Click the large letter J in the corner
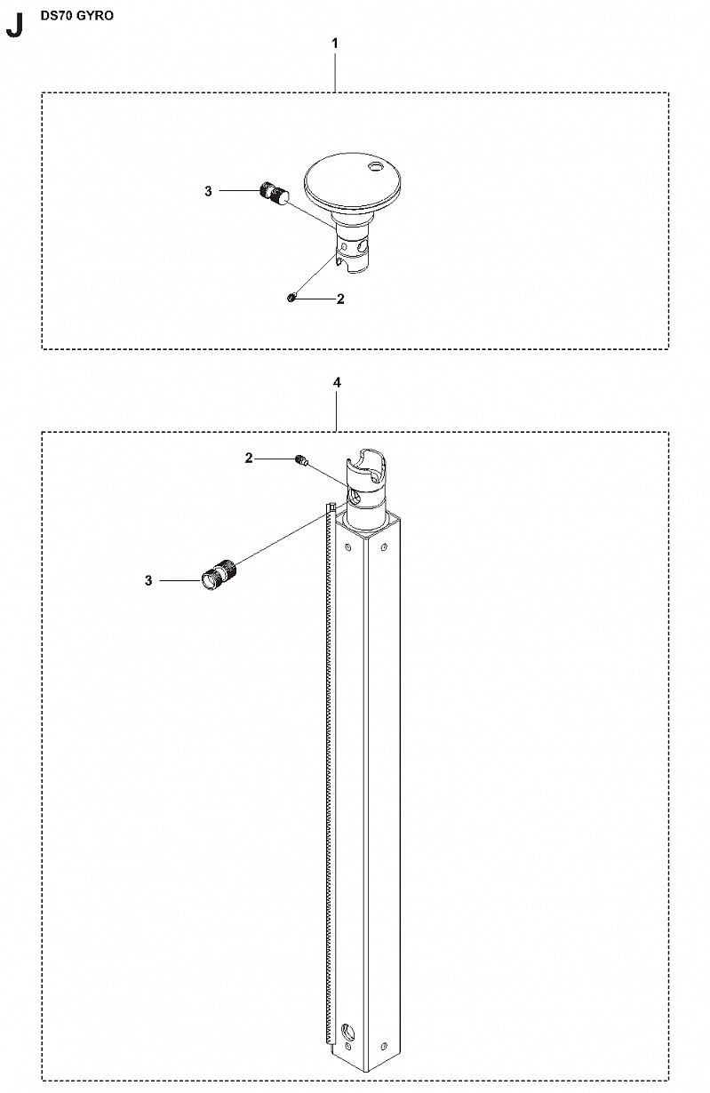click(x=14, y=26)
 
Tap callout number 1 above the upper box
click(x=335, y=44)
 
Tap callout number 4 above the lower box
click(x=337, y=382)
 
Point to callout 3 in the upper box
click(x=208, y=191)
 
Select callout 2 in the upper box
click(x=340, y=299)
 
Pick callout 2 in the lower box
click(x=249, y=459)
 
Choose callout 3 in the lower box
click(x=148, y=580)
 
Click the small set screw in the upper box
click(x=291, y=297)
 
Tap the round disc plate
click(x=352, y=185)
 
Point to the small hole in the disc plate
click(x=375, y=167)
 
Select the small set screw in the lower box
click(x=301, y=460)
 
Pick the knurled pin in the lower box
click(x=219, y=574)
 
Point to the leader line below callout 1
click(x=335, y=72)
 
